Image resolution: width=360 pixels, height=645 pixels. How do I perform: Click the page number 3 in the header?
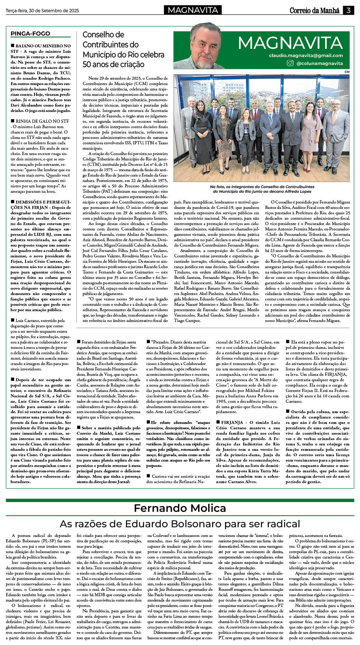(348, 10)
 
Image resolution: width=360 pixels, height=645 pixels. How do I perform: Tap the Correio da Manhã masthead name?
(314, 11)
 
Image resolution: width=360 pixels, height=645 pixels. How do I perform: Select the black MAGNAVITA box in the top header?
(193, 10)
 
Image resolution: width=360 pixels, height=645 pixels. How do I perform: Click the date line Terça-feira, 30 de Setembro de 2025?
(42, 11)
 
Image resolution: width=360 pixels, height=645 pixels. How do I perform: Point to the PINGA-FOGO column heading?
(30, 34)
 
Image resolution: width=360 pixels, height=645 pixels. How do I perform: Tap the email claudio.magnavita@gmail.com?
(306, 56)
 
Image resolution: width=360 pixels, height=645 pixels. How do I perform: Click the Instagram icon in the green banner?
(290, 63)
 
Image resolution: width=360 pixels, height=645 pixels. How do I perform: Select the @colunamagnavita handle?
(319, 64)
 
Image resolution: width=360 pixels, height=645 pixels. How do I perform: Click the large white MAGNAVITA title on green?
(290, 43)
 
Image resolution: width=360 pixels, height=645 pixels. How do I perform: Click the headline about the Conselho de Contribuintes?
(123, 50)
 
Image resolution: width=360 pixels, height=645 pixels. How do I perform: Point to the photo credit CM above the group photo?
(347, 72)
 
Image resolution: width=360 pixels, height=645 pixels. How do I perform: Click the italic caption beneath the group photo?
(262, 189)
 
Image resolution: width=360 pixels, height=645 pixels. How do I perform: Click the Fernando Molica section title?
(180, 508)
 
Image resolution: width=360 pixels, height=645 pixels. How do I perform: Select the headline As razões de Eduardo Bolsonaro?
(180, 524)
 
